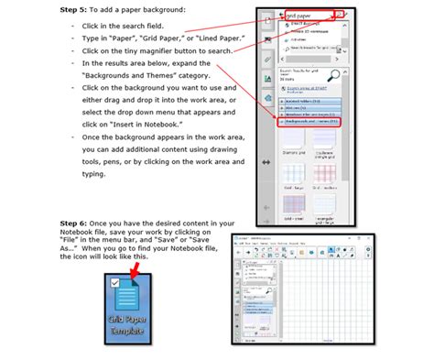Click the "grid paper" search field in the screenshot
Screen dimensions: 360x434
[308, 16]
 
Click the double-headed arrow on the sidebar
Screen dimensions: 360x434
[266, 162]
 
